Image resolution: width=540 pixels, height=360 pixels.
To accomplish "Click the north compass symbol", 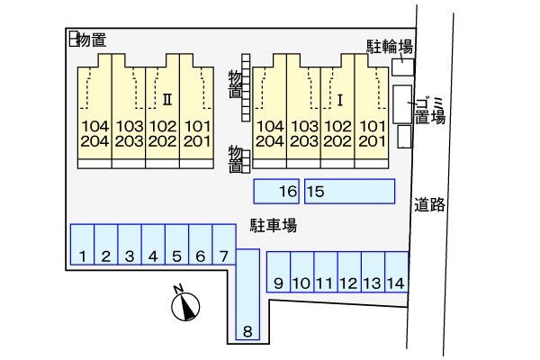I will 184,307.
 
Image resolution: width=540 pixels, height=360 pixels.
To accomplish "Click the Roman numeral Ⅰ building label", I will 341,97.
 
